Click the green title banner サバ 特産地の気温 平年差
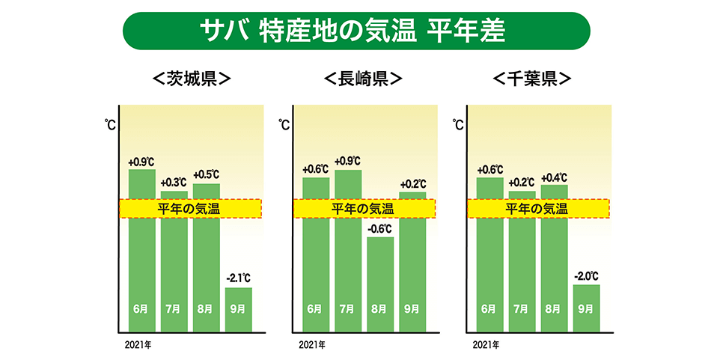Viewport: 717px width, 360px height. [356, 31]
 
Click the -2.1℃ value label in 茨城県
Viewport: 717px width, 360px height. [239, 279]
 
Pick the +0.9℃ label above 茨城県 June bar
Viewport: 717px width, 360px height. [141, 161]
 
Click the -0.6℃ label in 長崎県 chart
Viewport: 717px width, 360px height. [380, 229]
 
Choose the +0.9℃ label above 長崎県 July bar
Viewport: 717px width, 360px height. [348, 161]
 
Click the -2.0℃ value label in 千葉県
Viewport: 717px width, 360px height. [587, 276]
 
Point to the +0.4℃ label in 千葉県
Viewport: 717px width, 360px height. [555, 177]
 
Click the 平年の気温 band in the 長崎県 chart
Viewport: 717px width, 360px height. [364, 209]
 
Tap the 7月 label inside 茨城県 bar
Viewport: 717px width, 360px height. [174, 308]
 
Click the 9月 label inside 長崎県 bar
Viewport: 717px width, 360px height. [412, 308]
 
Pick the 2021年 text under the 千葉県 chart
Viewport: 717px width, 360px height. [486, 345]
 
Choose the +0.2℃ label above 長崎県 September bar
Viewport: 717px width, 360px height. [412, 183]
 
